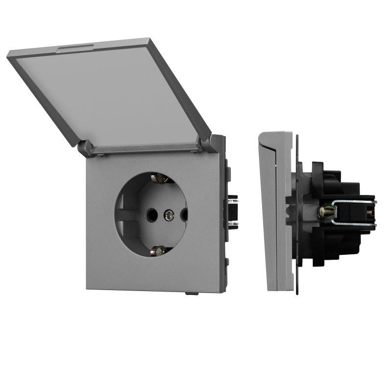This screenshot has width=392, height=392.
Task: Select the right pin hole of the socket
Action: point(184,214)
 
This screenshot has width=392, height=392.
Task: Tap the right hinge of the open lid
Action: point(205,143)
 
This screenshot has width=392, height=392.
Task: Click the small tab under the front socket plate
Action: point(191,294)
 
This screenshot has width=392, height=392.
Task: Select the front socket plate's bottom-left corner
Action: point(88,289)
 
